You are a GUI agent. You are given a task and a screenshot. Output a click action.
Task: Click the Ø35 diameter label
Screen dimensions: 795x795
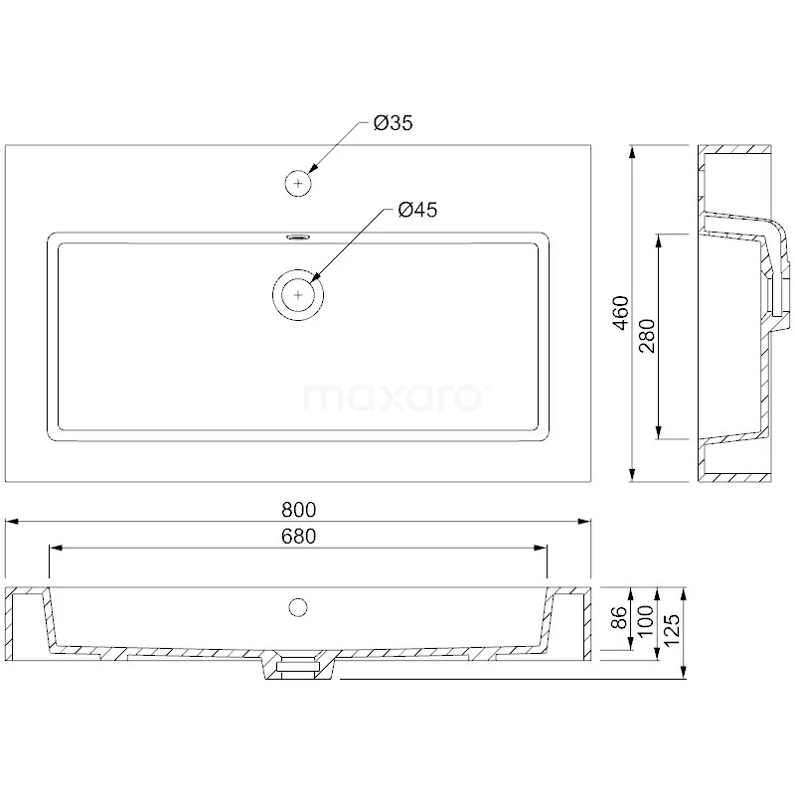[x=393, y=124]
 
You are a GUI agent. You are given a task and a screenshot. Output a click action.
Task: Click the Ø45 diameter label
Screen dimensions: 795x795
[x=416, y=210]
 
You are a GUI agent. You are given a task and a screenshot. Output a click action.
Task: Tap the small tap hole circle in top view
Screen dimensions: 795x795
[x=299, y=183]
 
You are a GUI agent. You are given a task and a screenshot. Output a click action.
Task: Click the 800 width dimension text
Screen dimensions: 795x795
[x=298, y=510]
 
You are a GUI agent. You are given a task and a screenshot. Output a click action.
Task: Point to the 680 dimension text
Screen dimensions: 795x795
[x=298, y=537]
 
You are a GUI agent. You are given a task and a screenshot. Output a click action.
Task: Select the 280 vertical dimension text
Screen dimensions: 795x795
[x=646, y=338]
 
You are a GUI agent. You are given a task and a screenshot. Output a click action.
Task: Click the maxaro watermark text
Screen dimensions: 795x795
[x=394, y=397]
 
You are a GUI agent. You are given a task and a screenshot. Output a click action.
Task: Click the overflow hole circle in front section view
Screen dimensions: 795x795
[x=298, y=605]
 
